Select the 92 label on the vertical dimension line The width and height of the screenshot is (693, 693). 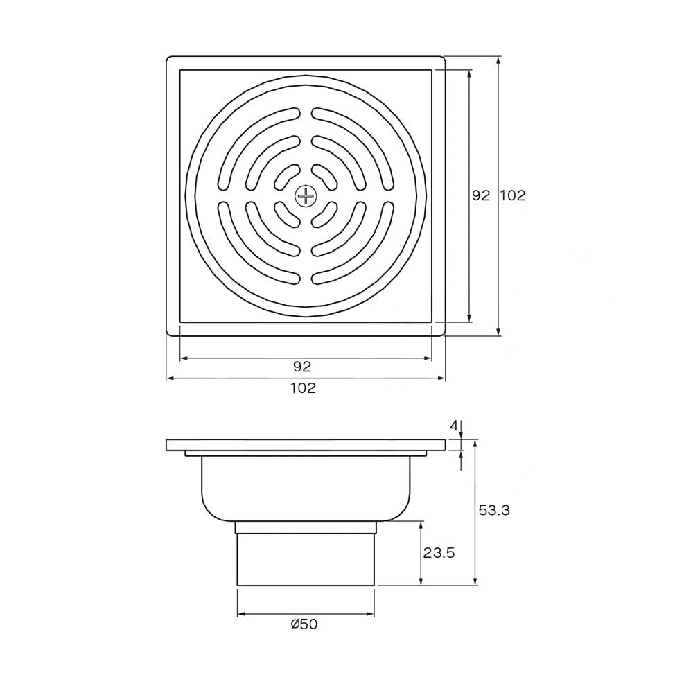(482, 195)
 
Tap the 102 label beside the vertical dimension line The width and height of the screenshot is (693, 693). (513, 195)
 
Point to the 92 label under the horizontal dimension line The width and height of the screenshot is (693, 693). (302, 366)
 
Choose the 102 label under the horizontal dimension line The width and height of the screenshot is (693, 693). (304, 387)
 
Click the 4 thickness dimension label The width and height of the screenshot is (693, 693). (454, 426)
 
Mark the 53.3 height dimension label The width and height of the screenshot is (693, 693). (494, 510)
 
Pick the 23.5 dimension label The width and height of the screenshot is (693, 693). (439, 552)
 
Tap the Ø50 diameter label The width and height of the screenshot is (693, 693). (304, 624)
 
